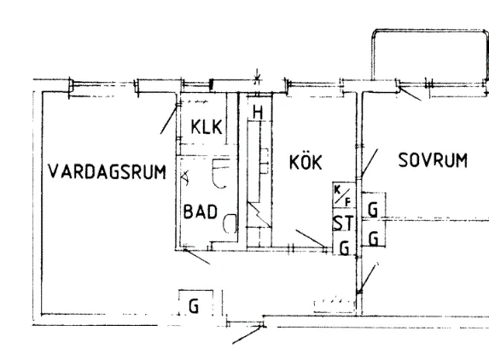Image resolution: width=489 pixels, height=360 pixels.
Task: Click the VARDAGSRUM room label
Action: coord(107,171)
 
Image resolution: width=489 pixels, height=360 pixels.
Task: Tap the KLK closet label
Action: coord(207,126)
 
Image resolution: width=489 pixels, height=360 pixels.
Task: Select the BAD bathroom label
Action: coord(201,212)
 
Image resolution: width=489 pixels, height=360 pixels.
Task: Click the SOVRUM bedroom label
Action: coord(433,160)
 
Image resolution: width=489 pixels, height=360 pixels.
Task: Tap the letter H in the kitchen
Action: coord(258,113)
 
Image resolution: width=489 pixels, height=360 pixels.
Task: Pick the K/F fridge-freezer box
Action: coord(344,195)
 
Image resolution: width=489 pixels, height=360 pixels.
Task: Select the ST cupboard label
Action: coord(344,223)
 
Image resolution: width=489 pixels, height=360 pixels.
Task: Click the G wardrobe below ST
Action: coord(344,248)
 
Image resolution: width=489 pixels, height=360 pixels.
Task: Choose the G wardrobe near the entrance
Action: coord(194,305)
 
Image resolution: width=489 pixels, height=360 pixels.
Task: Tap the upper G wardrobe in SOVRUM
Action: coord(373,209)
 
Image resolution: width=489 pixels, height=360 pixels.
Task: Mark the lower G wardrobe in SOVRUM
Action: coord(373,239)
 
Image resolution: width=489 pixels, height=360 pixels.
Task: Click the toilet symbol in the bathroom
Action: coord(230,224)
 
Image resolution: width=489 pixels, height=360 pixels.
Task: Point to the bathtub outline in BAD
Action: coord(221,173)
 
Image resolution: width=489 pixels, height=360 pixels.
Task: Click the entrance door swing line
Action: coord(247,335)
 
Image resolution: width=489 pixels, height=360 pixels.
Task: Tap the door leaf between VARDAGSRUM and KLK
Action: coord(169,119)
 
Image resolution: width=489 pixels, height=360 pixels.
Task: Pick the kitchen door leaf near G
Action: coord(311,239)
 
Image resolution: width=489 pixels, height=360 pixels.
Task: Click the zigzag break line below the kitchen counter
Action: coord(259,214)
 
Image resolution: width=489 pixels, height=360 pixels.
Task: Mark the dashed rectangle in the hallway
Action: coord(335,306)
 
